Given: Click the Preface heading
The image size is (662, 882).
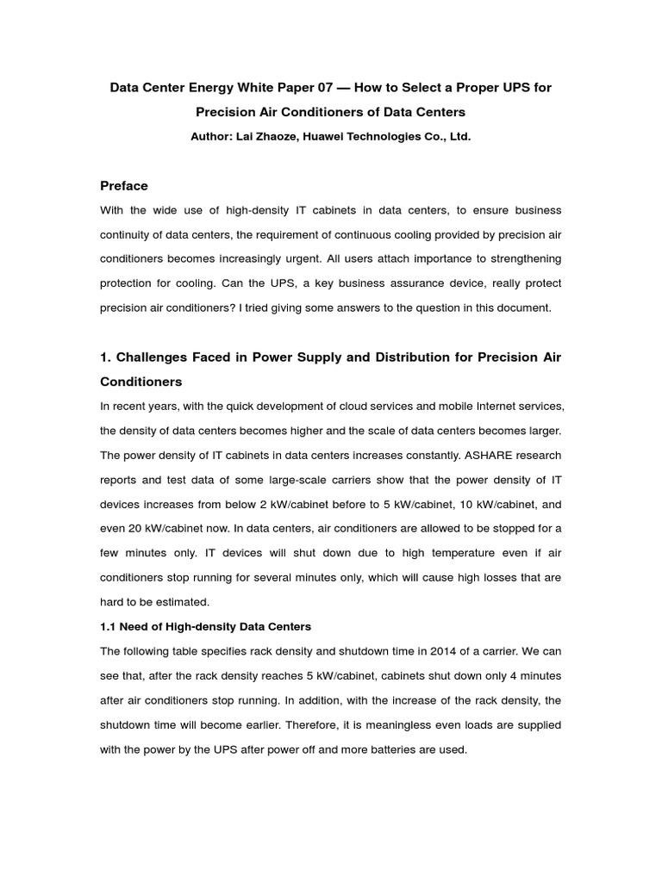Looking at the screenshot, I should (x=124, y=186).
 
